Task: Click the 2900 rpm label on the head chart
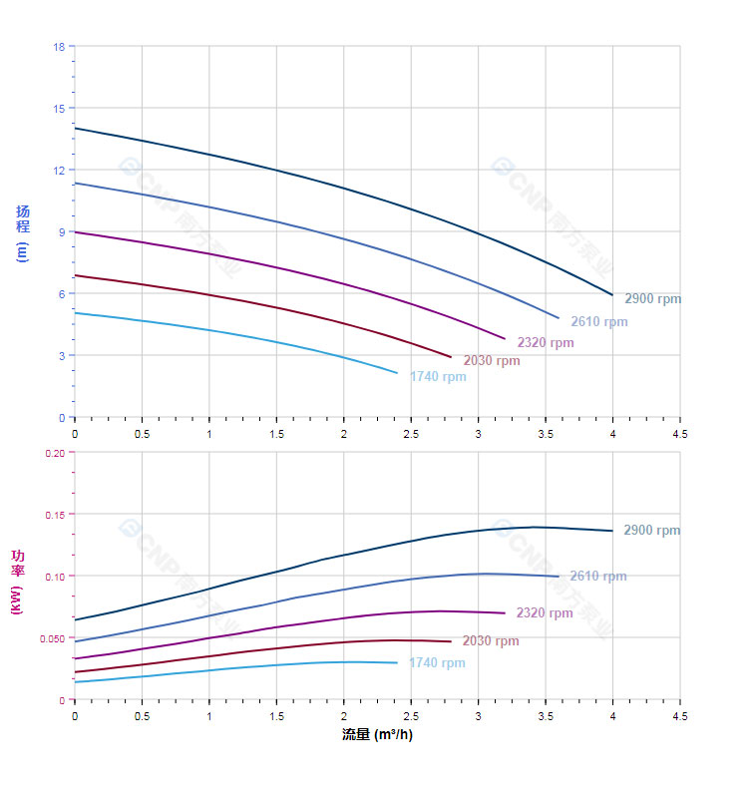(x=652, y=298)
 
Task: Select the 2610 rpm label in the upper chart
(x=598, y=321)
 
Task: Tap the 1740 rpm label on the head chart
(x=437, y=376)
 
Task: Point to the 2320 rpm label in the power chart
(x=544, y=612)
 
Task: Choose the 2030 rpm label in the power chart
(x=490, y=640)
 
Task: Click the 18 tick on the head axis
(x=59, y=47)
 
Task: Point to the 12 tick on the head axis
(x=59, y=171)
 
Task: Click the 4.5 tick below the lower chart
(x=679, y=716)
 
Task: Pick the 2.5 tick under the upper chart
(x=411, y=434)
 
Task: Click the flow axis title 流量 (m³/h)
(x=377, y=735)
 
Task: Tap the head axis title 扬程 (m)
(x=22, y=232)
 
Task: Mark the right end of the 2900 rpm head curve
(x=612, y=294)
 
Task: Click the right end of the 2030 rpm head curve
(x=451, y=357)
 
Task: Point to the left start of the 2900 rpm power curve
(x=75, y=619)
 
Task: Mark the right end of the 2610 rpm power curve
(x=559, y=576)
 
